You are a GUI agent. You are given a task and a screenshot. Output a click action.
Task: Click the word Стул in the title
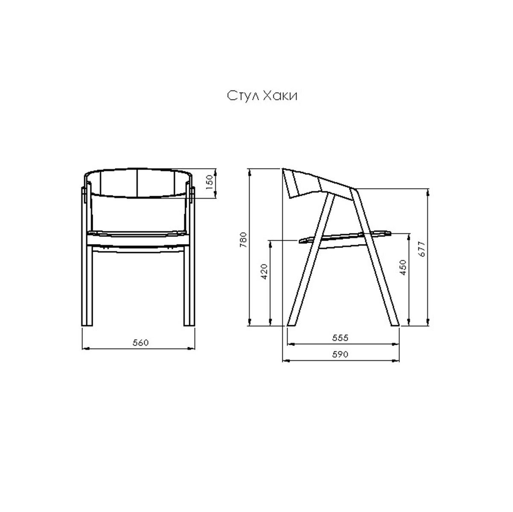(243, 96)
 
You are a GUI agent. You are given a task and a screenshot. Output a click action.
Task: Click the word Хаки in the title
(280, 96)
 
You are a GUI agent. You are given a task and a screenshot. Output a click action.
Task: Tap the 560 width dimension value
(140, 343)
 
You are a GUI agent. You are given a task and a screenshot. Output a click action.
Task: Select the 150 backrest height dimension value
(210, 182)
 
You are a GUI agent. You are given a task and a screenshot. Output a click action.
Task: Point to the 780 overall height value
(243, 239)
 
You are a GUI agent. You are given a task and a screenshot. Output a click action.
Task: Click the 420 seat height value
(264, 271)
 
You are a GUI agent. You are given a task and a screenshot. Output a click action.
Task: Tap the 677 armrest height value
(422, 249)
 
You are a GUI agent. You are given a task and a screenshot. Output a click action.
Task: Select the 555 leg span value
(340, 337)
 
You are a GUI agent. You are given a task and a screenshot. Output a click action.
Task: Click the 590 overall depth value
(340, 354)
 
